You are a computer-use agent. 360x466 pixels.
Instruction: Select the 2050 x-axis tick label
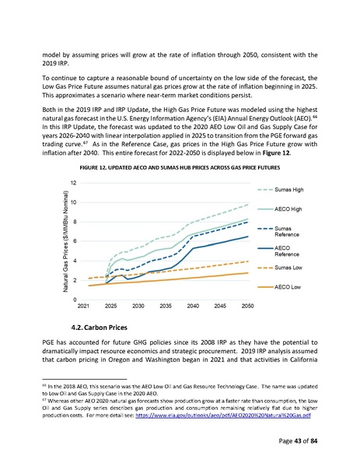(x=246, y=307)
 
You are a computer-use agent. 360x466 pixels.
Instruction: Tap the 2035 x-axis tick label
(x=165, y=307)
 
